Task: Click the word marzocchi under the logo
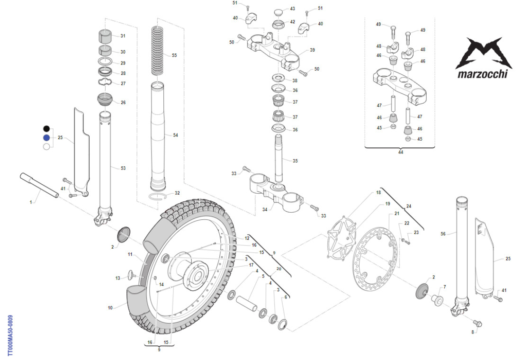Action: click(482, 73)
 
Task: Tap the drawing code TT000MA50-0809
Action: click(10, 336)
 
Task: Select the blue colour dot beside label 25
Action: click(46, 137)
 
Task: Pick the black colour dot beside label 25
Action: click(46, 128)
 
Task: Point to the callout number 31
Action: click(123, 36)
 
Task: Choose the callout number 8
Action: click(472, 332)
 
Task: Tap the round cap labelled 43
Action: click(278, 10)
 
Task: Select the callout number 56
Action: click(443, 234)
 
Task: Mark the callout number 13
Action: click(118, 278)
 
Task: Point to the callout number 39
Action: click(312, 50)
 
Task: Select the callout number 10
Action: click(110, 308)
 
